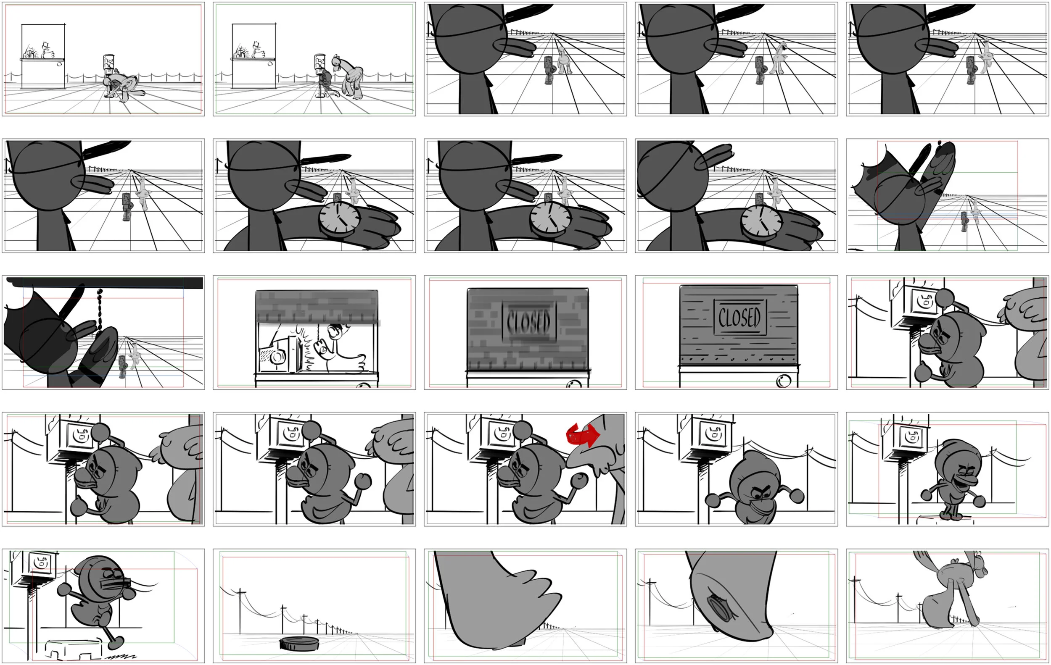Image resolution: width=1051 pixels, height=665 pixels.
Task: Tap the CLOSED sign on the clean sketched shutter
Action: tap(739, 317)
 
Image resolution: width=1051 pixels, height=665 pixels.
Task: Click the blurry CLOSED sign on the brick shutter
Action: tap(528, 321)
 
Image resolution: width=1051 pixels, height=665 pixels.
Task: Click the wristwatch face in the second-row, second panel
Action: tap(339, 218)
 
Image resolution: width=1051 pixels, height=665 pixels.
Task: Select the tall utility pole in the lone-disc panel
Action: tap(240, 610)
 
